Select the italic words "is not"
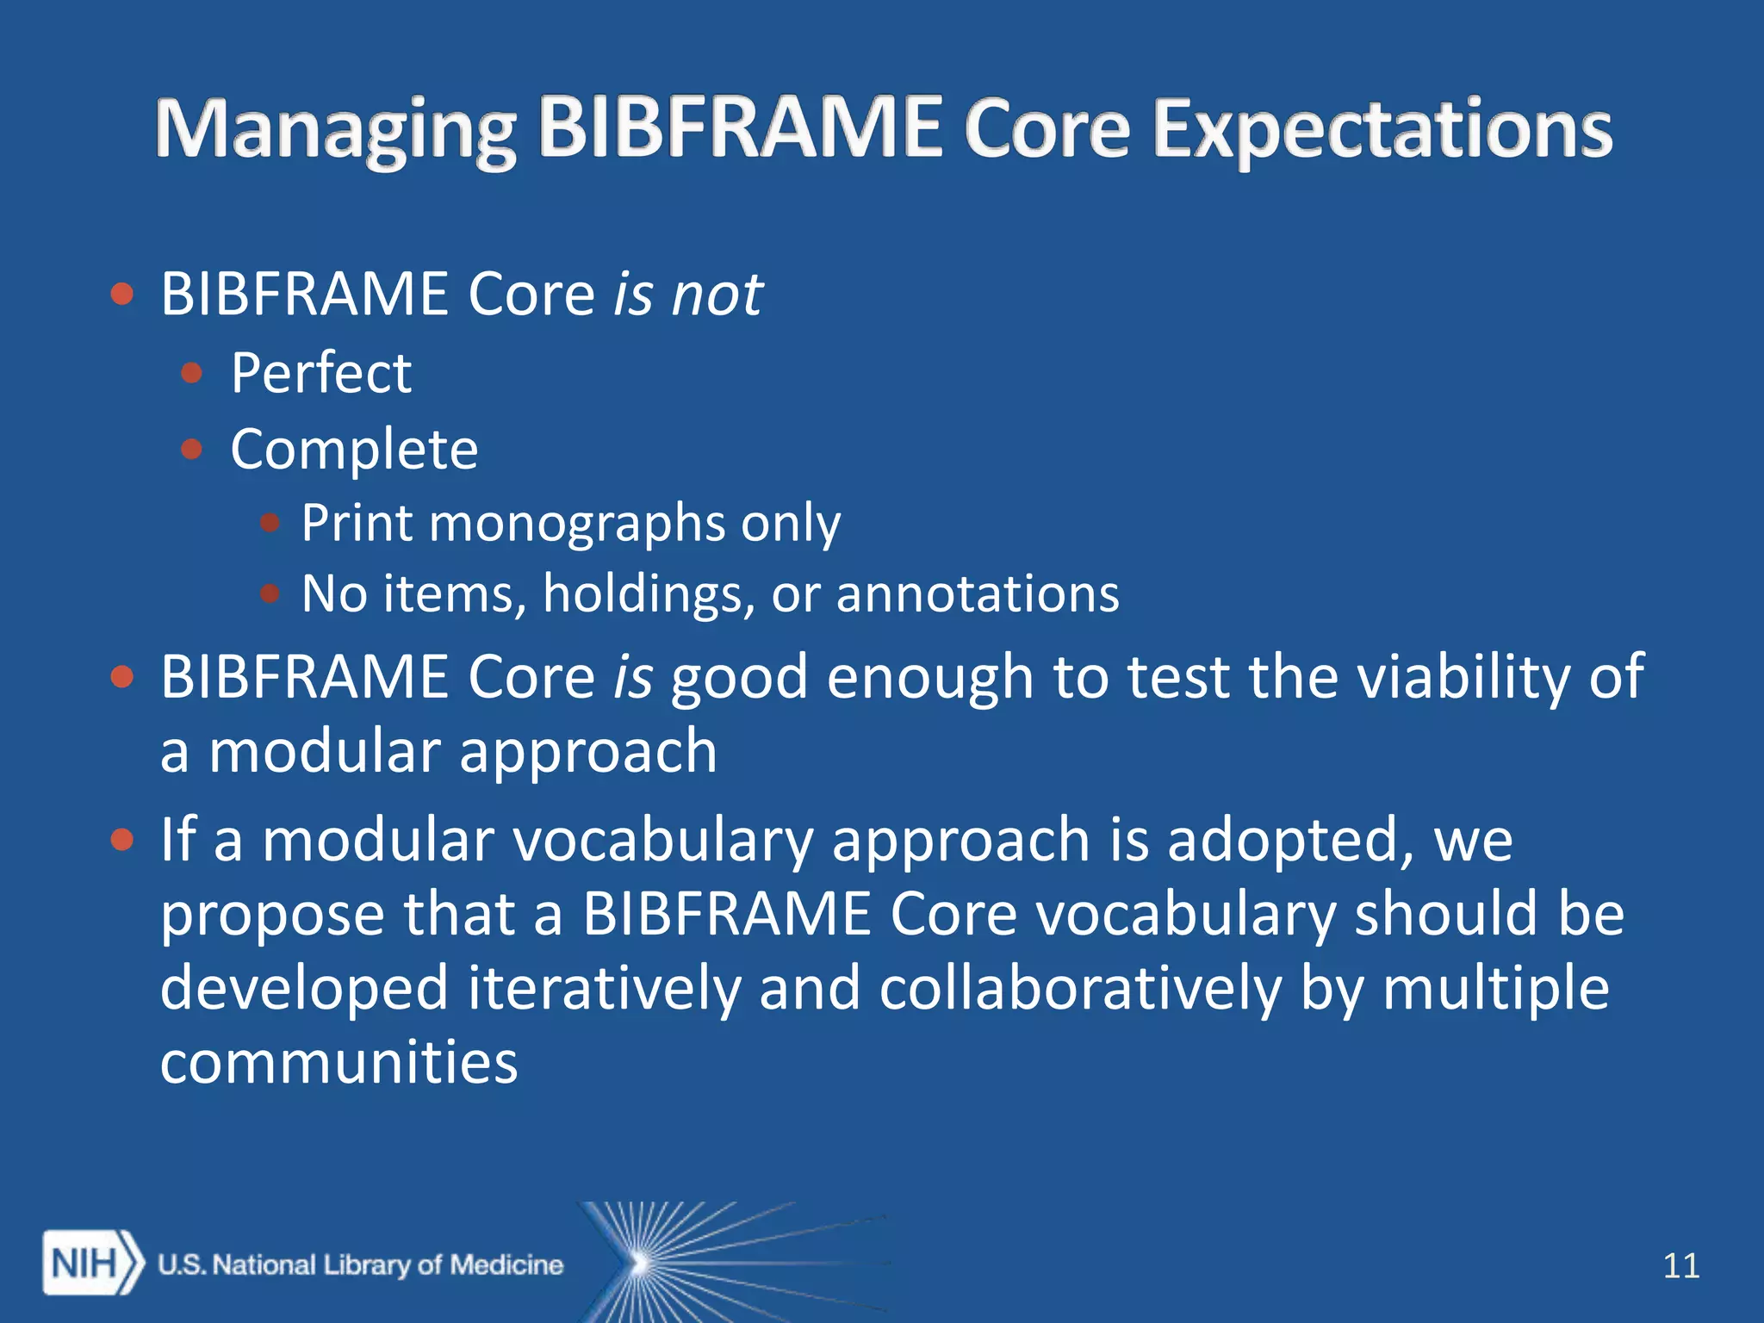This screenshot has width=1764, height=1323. [x=686, y=295]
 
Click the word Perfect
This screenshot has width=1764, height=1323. [x=320, y=373]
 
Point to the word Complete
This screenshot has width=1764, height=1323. [x=353, y=450]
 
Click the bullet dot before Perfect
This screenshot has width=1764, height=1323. [x=191, y=373]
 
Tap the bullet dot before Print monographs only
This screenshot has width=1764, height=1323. [x=270, y=522]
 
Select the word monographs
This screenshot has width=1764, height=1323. [x=576, y=522]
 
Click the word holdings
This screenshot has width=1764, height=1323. [x=649, y=593]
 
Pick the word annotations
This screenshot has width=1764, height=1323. [x=977, y=593]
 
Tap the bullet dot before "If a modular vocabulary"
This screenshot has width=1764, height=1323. [x=122, y=839]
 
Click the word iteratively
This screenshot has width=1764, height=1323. [x=604, y=987]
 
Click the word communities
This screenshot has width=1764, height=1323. [x=339, y=1061]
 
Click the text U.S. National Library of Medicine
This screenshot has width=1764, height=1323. [x=360, y=1264]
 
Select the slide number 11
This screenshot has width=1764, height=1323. [x=1680, y=1265]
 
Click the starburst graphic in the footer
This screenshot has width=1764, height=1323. [x=680, y=1262]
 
